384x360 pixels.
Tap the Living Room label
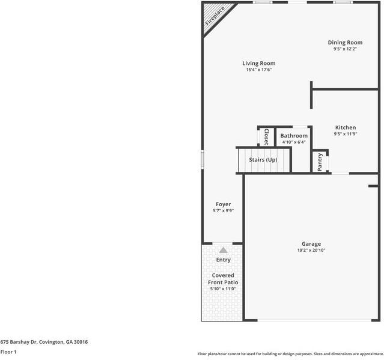click(259, 63)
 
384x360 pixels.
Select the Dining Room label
click(345, 42)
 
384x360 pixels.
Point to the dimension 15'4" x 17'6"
click(259, 70)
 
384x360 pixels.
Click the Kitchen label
click(346, 127)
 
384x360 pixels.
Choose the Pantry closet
click(320, 161)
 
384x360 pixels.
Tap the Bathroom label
click(294, 136)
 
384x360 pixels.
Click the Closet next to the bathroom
click(266, 136)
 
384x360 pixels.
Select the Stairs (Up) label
click(263, 160)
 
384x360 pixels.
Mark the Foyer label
click(223, 204)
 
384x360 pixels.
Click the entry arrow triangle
click(223, 249)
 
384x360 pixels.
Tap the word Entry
click(223, 260)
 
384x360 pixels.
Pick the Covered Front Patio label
click(223, 278)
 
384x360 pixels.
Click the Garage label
click(311, 244)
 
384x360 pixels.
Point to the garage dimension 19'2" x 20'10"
click(311, 251)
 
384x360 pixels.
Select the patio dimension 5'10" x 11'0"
click(223, 289)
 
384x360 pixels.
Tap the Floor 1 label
click(8, 352)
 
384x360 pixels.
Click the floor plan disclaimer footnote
click(290, 354)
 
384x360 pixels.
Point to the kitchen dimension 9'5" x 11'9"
click(346, 134)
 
